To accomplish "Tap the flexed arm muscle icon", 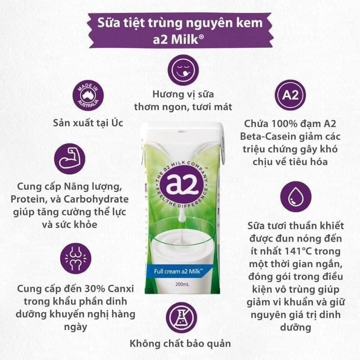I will coord(70,159).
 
